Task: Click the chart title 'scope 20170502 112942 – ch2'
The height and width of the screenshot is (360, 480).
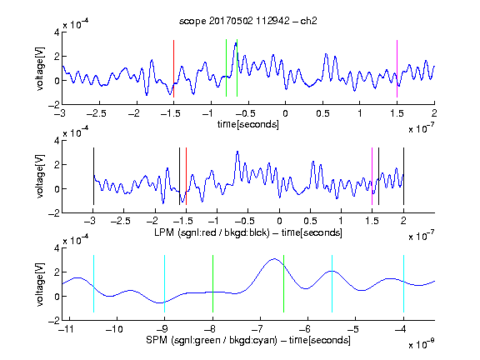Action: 248,21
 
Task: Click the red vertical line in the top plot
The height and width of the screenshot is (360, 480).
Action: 173,68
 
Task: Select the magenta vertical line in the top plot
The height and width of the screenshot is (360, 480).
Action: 397,68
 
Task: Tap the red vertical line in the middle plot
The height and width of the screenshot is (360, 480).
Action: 186,177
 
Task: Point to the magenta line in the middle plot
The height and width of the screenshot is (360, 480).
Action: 372,177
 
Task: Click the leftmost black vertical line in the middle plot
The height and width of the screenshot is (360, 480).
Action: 93,177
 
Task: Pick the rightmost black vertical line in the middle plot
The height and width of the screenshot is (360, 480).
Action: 403,177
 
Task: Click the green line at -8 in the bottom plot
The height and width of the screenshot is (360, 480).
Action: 212,284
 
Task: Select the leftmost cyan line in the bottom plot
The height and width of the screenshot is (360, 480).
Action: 93,284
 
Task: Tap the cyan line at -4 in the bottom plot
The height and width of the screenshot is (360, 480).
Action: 403,284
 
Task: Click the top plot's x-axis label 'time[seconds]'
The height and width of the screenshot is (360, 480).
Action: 248,124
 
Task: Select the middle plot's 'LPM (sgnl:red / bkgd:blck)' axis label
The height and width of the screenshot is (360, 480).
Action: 212,232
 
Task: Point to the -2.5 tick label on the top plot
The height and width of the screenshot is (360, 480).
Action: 97,113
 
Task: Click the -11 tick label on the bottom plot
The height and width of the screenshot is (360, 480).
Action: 67,329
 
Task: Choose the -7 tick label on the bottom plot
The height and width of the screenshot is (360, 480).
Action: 259,329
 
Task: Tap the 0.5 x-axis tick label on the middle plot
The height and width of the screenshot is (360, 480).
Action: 310,221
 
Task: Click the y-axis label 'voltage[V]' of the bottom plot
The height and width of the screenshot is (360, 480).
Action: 40,284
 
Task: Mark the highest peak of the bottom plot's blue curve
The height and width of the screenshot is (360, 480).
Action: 274,259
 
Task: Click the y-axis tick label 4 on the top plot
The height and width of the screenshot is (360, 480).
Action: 57,32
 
